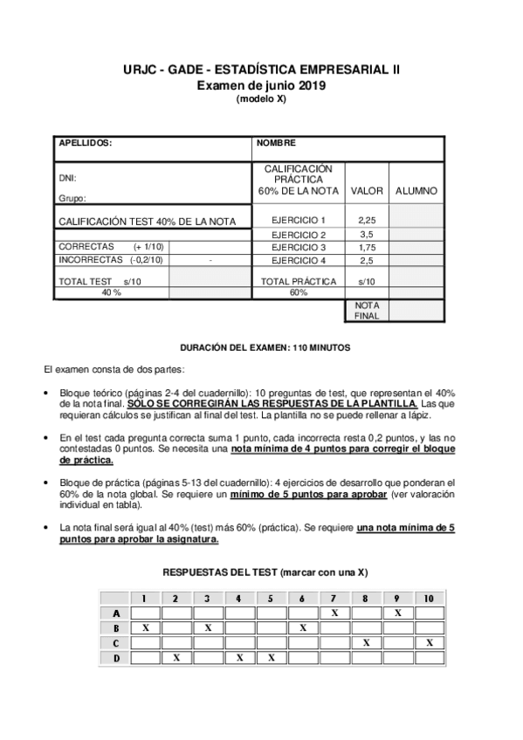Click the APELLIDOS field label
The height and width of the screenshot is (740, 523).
coord(85,142)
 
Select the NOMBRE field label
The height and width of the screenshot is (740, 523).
coord(276,142)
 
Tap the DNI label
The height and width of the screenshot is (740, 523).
coord(67,177)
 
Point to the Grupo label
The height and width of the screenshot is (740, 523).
coord(72,199)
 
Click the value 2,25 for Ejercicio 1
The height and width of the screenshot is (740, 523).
coord(367,220)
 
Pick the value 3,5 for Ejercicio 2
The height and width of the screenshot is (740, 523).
coord(367,235)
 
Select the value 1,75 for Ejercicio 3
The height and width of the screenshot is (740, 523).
coord(367,247)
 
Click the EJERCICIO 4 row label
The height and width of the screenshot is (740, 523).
coord(298,260)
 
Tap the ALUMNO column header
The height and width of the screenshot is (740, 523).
coord(416,190)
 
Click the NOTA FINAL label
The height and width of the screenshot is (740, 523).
coord(367,311)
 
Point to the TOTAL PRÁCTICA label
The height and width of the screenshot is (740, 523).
coord(299,281)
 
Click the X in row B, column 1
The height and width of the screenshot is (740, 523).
coord(146,627)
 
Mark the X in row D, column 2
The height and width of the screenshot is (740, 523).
coord(176,657)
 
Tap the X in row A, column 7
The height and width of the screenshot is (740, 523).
coord(334,613)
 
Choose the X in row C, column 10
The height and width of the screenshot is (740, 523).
coord(429,642)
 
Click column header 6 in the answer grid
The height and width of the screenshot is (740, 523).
coord(302,598)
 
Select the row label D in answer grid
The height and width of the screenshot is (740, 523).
coord(115,657)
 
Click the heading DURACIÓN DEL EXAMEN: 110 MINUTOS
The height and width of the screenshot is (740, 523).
coord(265,347)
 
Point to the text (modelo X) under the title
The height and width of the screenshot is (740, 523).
coord(261,99)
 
